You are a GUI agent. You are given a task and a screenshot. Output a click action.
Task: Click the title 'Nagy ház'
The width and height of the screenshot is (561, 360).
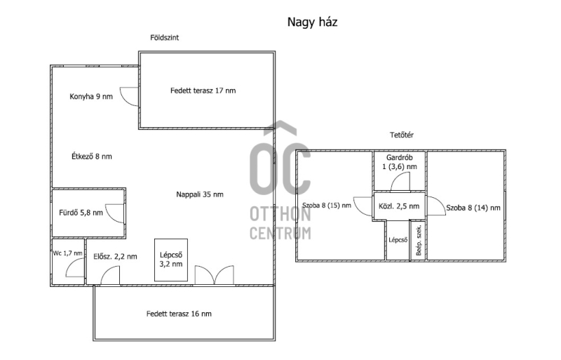(312, 22)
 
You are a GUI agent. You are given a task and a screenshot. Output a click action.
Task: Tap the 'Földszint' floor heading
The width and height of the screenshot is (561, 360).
(164, 38)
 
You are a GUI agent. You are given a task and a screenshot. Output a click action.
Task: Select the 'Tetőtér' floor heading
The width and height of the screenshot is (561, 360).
(401, 135)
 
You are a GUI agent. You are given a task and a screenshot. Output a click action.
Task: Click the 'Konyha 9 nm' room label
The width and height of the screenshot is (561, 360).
(91, 96)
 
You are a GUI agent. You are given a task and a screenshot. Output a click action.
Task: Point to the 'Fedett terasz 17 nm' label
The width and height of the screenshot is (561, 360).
(203, 91)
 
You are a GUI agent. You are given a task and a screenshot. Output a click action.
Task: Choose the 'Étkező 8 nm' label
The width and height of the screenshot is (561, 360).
(92, 156)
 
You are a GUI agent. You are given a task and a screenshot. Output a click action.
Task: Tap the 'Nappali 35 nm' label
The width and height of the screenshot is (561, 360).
(200, 194)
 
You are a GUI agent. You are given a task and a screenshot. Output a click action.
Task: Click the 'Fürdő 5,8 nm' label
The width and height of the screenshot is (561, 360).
(81, 213)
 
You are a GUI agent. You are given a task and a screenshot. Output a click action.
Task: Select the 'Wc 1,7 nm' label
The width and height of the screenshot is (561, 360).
(67, 253)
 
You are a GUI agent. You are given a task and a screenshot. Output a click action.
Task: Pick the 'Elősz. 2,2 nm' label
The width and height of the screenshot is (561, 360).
(115, 256)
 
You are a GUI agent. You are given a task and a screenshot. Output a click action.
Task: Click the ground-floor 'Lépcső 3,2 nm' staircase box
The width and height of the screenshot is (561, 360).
(171, 260)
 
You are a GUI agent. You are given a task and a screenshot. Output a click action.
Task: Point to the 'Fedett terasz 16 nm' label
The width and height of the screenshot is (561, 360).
(179, 314)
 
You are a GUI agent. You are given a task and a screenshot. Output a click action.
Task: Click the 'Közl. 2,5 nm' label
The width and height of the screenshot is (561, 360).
(399, 206)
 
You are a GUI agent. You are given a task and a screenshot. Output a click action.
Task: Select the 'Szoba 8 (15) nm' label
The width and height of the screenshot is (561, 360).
(327, 205)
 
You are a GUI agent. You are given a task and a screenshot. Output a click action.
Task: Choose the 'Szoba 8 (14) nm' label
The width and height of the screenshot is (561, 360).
(473, 208)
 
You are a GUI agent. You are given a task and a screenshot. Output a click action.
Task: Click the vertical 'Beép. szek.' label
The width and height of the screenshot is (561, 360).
(419, 241)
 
